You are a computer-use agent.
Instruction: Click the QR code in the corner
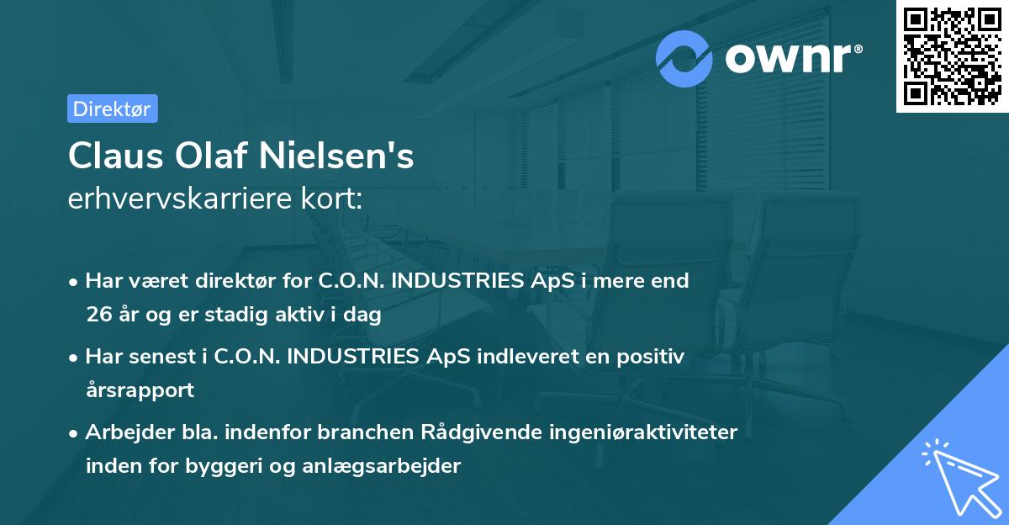point(952,56)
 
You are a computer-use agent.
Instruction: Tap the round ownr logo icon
point(684,58)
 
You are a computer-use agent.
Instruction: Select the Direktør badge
point(112,109)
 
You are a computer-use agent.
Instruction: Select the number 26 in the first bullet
point(98,316)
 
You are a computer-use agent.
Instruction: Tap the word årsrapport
point(140,390)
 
